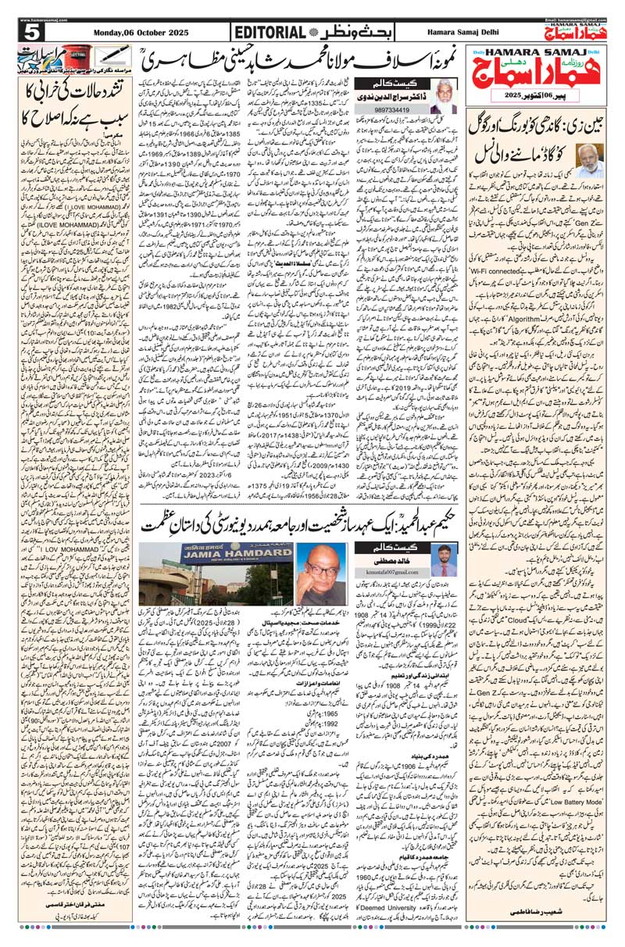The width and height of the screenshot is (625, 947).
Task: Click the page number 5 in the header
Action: point(31,32)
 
